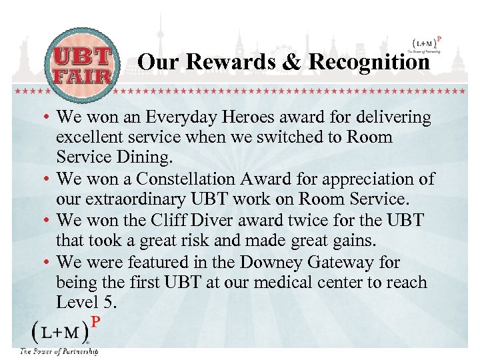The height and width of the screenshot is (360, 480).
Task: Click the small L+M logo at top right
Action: point(423,42)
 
